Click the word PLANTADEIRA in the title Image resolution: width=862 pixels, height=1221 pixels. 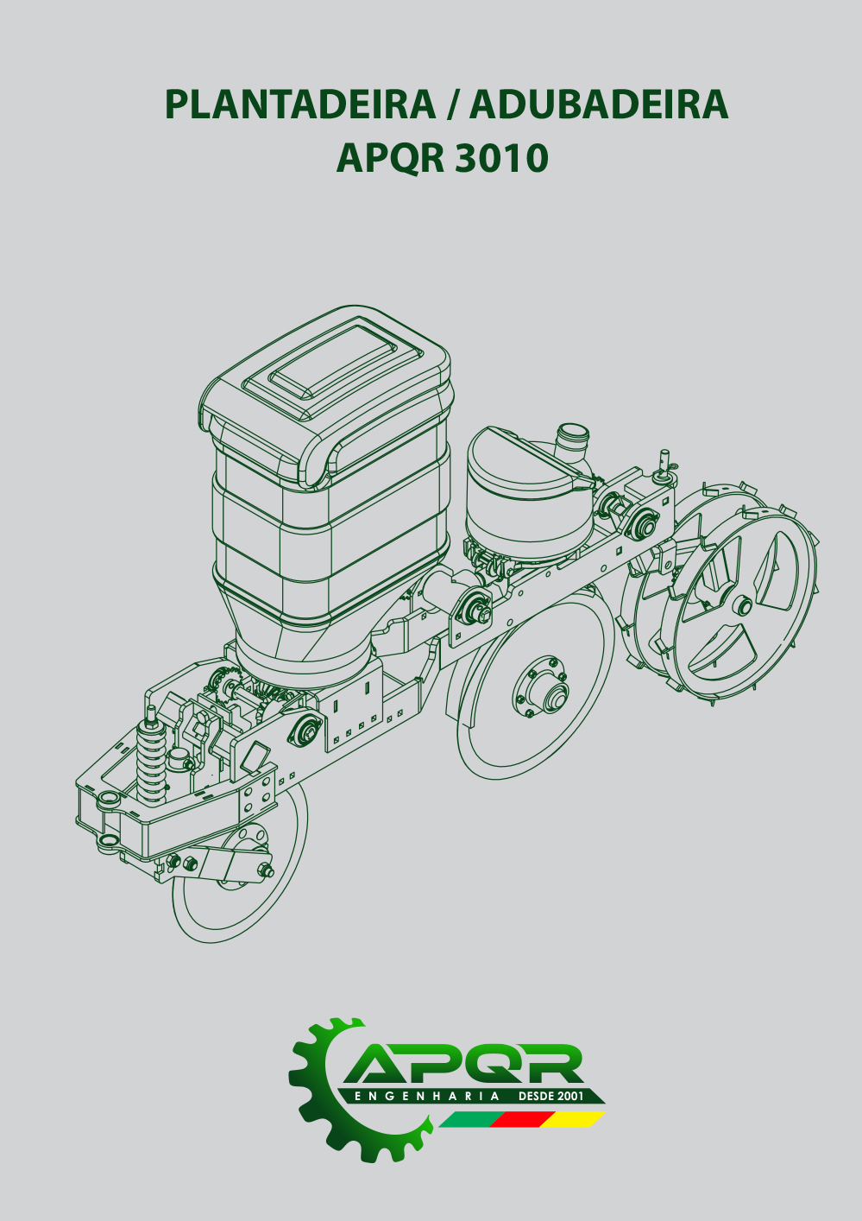tap(300, 104)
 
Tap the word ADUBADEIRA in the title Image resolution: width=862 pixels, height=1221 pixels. tap(599, 104)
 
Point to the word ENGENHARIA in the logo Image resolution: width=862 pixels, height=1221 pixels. tap(426, 1096)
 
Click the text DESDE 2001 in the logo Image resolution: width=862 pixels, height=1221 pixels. tap(551, 1096)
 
